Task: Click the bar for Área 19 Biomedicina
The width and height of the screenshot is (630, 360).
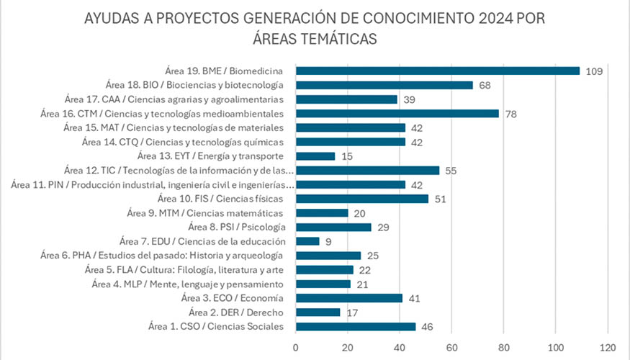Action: [438, 71]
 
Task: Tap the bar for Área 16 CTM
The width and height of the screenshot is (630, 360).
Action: [397, 113]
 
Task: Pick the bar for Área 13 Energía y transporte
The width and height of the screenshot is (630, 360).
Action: [315, 156]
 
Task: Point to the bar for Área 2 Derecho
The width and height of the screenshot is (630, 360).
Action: [318, 312]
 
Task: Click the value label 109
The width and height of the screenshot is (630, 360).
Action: [594, 71]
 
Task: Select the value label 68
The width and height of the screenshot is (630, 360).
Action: [485, 85]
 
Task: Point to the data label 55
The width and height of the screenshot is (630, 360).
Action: [451, 171]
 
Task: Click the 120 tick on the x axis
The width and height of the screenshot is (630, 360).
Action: [608, 346]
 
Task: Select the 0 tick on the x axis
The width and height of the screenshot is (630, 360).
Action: [296, 346]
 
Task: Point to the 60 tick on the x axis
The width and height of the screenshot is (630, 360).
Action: [451, 346]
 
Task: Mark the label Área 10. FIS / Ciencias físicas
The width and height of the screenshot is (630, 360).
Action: [220, 199]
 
